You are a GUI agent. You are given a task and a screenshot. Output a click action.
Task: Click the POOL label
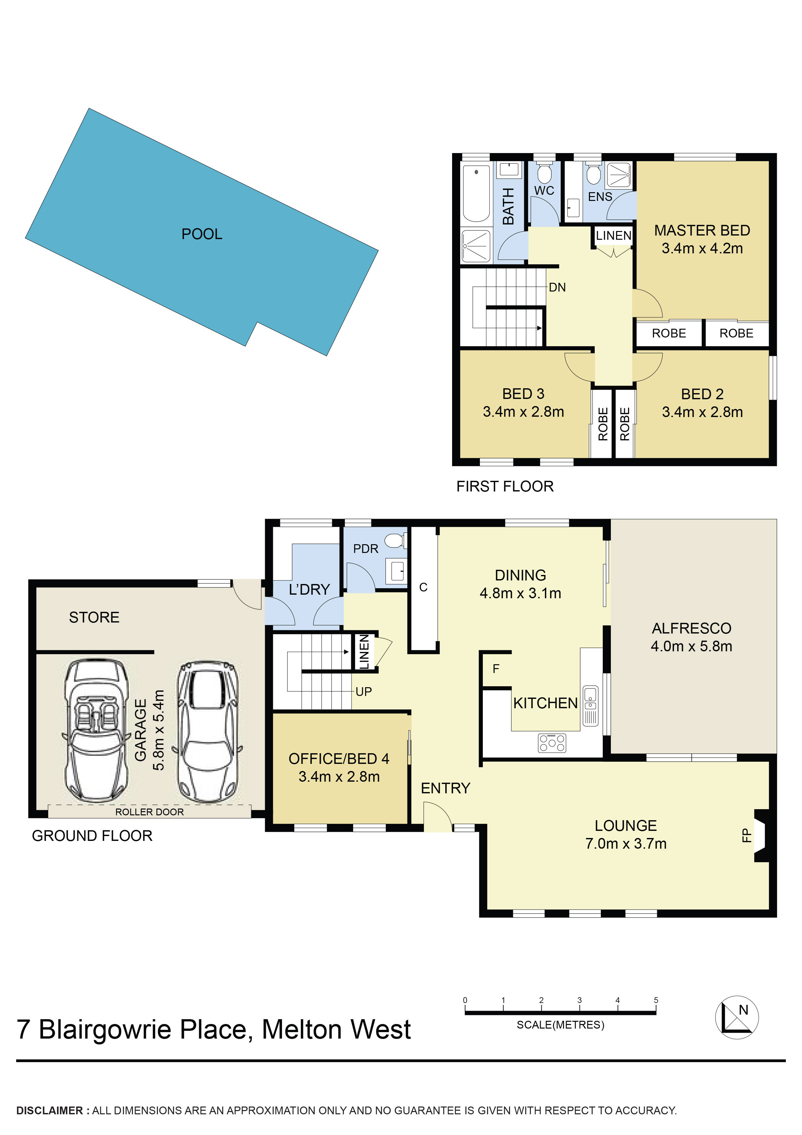click(x=201, y=234)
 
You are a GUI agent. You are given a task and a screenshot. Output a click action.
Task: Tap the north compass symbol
click(x=736, y=1017)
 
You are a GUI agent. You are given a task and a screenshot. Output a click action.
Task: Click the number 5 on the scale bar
click(x=656, y=1000)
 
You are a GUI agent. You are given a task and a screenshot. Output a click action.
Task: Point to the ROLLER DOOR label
click(x=149, y=812)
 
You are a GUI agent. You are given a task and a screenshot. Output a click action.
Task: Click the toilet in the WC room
click(x=544, y=173)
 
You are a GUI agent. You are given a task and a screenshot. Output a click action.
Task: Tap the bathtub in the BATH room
click(x=476, y=193)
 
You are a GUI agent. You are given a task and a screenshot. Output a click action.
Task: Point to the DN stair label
click(x=557, y=287)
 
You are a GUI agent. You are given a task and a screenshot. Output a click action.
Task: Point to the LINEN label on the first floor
click(x=613, y=236)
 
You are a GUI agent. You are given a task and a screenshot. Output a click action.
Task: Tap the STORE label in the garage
click(x=94, y=617)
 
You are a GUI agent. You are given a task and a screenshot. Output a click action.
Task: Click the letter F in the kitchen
click(x=496, y=669)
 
